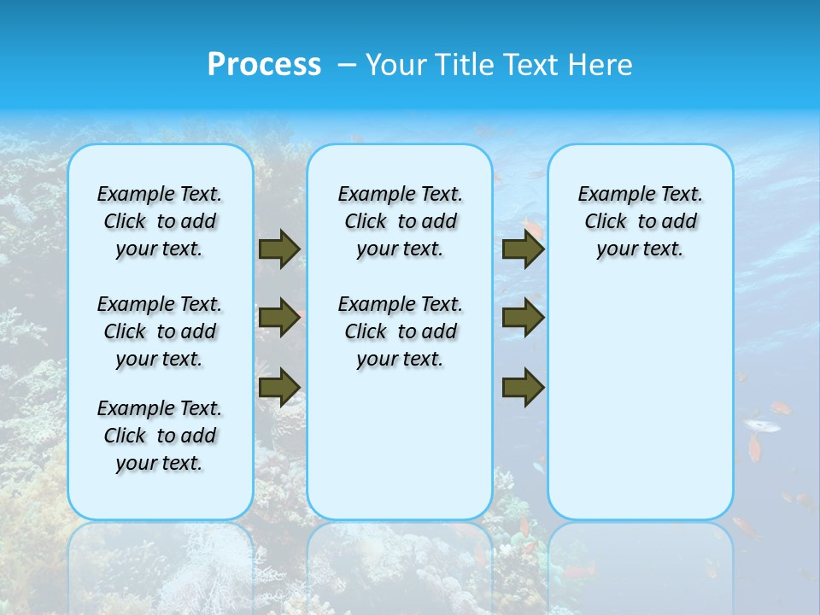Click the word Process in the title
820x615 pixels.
[x=264, y=64]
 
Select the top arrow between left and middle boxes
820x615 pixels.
[x=279, y=249]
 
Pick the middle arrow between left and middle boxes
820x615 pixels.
[x=279, y=318]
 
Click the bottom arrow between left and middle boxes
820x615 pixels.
[x=279, y=387]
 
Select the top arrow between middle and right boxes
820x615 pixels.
[x=523, y=249]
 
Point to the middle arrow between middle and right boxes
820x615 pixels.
[x=523, y=318]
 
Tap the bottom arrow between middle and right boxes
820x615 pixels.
[x=523, y=387]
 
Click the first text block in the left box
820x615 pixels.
[x=160, y=221]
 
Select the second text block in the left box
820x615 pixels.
[x=160, y=331]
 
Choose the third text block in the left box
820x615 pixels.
[x=160, y=436]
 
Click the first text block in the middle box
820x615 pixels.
[x=400, y=221]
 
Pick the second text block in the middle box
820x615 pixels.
[x=400, y=331]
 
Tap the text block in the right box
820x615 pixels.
[x=640, y=221]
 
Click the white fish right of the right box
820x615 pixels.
[x=761, y=425]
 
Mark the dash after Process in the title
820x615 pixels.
[x=348, y=65]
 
